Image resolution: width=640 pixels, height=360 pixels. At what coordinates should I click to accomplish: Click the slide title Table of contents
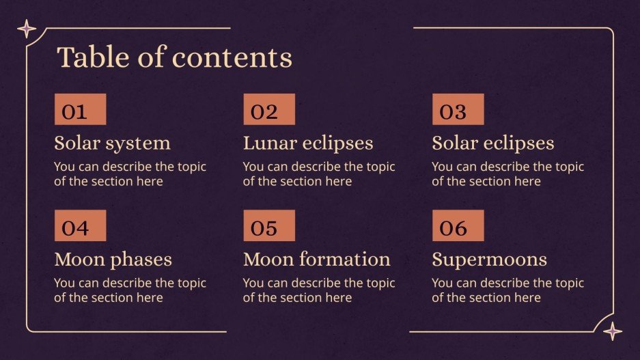click(x=174, y=57)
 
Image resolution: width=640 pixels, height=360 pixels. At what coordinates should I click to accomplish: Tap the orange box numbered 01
click(x=80, y=109)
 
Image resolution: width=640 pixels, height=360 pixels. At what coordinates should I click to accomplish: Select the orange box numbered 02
click(x=269, y=109)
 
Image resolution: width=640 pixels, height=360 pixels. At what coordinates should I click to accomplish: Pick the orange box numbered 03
click(x=458, y=109)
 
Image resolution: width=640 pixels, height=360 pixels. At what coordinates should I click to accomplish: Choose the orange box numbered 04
click(x=80, y=225)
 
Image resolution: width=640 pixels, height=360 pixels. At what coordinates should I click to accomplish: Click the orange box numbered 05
click(x=269, y=225)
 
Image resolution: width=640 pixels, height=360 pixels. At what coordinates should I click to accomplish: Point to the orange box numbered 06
click(x=458, y=225)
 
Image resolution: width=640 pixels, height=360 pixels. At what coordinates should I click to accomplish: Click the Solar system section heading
click(x=112, y=143)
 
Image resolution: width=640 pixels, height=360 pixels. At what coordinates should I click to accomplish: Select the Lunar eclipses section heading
click(x=308, y=143)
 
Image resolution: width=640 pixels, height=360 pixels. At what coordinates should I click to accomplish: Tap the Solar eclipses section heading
click(x=492, y=143)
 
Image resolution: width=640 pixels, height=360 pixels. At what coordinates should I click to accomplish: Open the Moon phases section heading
click(x=113, y=260)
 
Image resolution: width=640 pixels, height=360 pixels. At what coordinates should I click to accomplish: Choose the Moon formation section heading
click(x=316, y=260)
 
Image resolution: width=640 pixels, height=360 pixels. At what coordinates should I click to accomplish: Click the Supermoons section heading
click(x=489, y=260)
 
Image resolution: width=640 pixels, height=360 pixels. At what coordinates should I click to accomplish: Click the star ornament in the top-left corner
click(x=27, y=29)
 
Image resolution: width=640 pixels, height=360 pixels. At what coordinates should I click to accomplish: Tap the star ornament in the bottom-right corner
click(x=613, y=331)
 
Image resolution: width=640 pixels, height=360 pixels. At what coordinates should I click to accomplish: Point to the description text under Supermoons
click(x=507, y=290)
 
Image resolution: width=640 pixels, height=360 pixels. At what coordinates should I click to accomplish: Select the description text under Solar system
click(x=130, y=174)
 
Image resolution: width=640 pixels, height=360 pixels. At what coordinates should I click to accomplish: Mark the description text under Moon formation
click(x=319, y=290)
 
